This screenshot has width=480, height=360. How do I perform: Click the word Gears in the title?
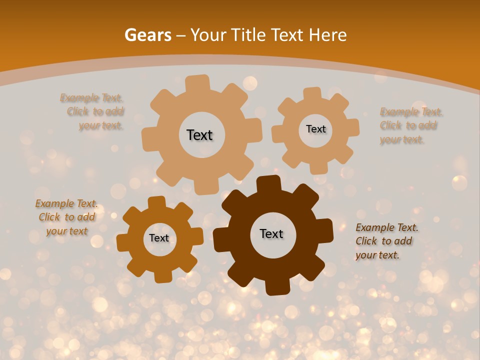(x=147, y=35)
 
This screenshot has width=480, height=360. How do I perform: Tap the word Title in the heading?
(x=248, y=35)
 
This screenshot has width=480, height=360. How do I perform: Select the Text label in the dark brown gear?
(x=271, y=234)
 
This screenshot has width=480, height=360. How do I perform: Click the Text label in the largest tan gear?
(x=199, y=135)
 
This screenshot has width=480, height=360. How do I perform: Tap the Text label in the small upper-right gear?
(x=315, y=129)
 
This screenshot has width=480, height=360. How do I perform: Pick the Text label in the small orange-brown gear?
(x=159, y=238)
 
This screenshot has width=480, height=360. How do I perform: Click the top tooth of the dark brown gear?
(x=268, y=184)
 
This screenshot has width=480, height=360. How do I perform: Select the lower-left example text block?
(x=67, y=217)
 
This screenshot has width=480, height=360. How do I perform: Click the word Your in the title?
(x=209, y=35)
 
